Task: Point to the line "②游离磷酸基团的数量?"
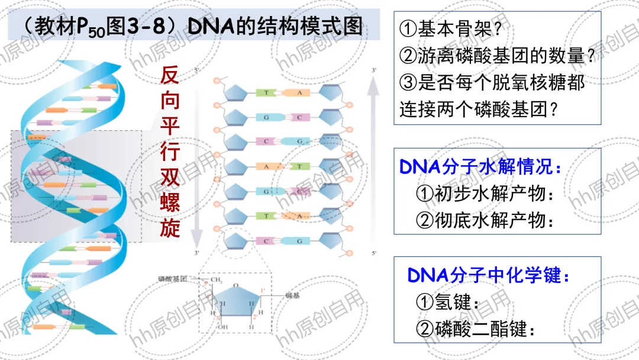pos(497,56)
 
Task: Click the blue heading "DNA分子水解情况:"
pos(481,167)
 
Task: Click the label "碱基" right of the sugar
pos(293,294)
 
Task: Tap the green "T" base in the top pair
pos(267,93)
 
